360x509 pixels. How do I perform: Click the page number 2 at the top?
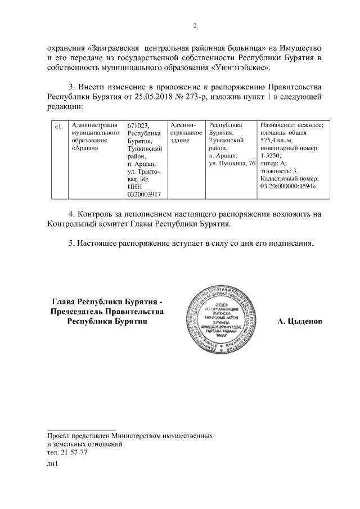pos(195,26)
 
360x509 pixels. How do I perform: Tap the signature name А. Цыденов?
pos(300,321)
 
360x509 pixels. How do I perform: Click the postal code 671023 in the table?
pos(138,125)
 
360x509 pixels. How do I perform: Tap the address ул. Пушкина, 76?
pos(232,163)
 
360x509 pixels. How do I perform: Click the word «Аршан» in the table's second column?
pos(86,148)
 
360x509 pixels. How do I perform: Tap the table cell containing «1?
pos(58,125)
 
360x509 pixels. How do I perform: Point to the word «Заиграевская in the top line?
pos(117,48)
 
